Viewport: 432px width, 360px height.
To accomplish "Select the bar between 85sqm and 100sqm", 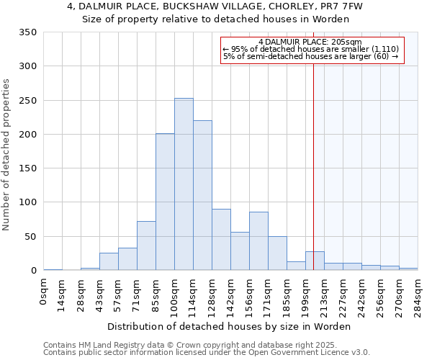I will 165,202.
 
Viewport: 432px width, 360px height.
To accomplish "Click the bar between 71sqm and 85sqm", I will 146,246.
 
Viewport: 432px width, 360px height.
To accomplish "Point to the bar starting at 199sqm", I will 315,261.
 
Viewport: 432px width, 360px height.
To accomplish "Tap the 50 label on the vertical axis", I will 30,237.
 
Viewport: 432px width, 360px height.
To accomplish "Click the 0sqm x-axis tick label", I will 45,292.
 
